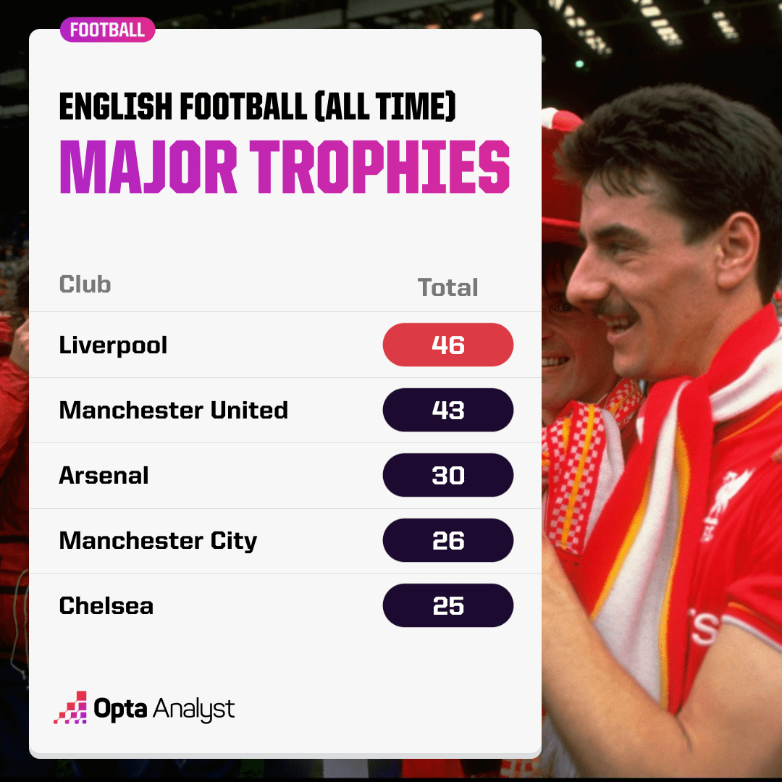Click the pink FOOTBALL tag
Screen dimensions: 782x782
[x=107, y=30]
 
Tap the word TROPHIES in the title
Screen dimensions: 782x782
[x=380, y=167]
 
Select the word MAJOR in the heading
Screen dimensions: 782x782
[x=148, y=167]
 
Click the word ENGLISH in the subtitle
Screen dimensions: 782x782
[x=116, y=106]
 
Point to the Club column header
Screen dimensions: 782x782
[x=85, y=285]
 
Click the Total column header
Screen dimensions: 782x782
[x=447, y=287]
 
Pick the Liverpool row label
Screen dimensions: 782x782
[x=113, y=345]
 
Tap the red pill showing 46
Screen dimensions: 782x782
[x=448, y=345]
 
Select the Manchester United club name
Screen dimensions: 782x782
[x=174, y=410]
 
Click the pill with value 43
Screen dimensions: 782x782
[x=448, y=410]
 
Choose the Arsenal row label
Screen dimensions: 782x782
[x=104, y=475]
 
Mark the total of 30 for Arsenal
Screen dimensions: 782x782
[x=448, y=475]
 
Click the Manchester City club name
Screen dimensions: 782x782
[x=158, y=541]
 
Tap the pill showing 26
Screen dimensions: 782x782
[x=448, y=540]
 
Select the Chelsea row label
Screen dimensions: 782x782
[x=106, y=605]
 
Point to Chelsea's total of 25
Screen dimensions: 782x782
[x=448, y=605]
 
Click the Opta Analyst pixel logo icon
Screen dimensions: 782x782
[x=71, y=707]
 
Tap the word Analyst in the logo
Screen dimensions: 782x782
[x=194, y=709]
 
